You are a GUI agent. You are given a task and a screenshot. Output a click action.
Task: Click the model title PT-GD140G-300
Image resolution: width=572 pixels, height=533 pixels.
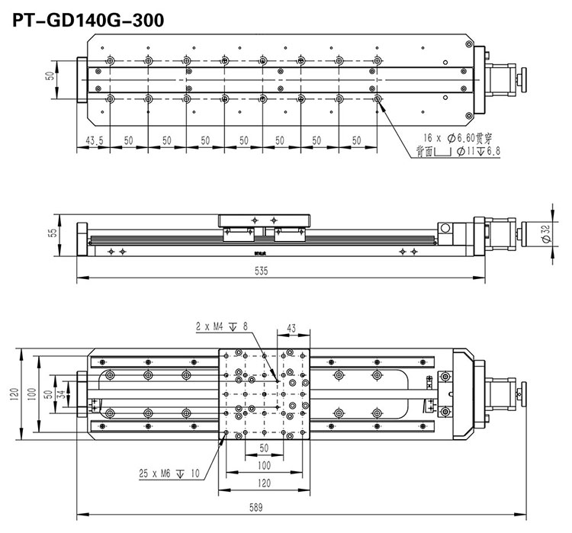88,18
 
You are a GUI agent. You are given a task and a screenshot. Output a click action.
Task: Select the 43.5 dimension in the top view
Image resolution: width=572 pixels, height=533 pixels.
93,140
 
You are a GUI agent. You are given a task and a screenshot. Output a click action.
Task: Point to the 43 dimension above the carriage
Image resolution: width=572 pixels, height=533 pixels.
292,328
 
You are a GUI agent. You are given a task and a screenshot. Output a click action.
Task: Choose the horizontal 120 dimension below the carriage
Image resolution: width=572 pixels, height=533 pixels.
264,483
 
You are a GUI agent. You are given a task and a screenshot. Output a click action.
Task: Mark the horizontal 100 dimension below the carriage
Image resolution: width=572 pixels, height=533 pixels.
264,465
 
